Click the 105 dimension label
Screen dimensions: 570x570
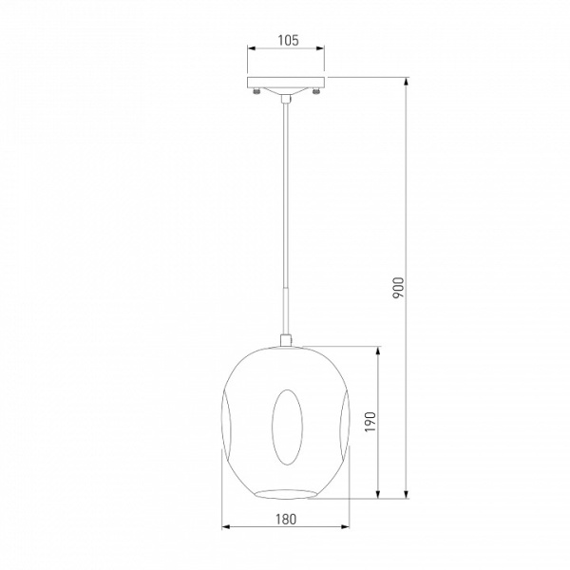(x=288, y=40)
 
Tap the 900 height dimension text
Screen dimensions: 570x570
(x=398, y=288)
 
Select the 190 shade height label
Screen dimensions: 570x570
(x=370, y=422)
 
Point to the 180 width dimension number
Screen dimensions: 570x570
(x=286, y=520)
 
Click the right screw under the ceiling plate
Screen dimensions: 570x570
(x=315, y=91)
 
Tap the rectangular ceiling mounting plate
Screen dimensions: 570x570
(x=286, y=82)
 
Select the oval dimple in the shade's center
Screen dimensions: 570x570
(x=287, y=427)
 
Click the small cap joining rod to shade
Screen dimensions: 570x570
(x=286, y=340)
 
